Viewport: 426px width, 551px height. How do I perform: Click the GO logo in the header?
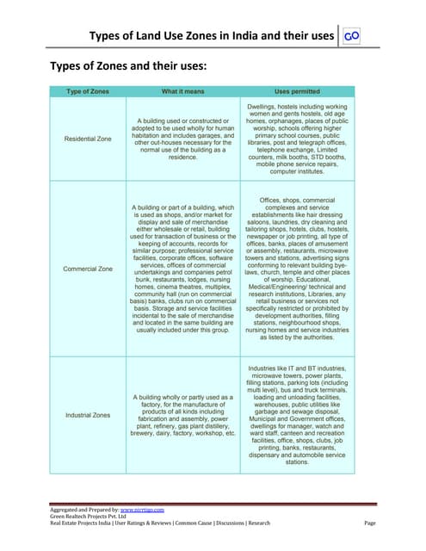[x=350, y=35]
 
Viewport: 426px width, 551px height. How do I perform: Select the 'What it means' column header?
[x=182, y=90]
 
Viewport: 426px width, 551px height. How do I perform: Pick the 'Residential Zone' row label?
[x=89, y=139]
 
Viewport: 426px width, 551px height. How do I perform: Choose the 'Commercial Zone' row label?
[x=89, y=269]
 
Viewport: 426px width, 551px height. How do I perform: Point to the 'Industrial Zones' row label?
[x=89, y=416]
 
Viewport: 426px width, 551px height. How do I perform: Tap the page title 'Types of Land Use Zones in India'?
[x=212, y=35]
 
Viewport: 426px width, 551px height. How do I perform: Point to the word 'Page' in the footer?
[x=371, y=523]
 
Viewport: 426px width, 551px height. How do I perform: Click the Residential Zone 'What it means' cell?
[x=182, y=139]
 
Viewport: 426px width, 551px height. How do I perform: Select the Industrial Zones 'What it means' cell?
[x=182, y=416]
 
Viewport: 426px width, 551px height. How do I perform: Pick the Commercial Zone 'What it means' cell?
[x=182, y=269]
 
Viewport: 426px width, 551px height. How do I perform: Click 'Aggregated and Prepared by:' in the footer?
[x=83, y=510]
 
